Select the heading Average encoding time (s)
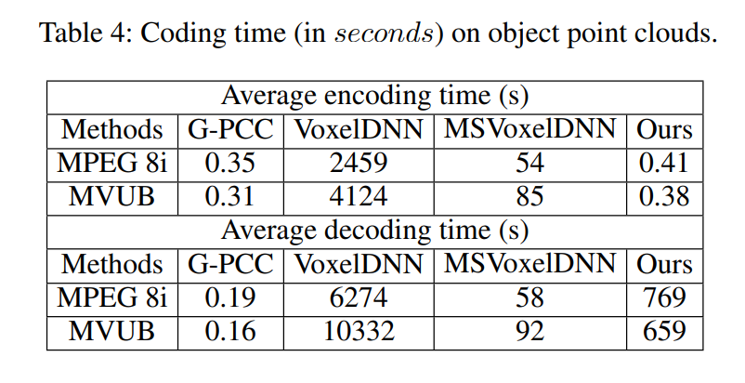click(x=374, y=97)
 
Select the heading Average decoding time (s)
click(x=374, y=231)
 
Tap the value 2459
click(x=358, y=164)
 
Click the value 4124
click(x=358, y=197)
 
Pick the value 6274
click(x=358, y=297)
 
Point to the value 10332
click(x=358, y=331)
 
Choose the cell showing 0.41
click(x=663, y=164)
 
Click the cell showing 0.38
click(x=663, y=197)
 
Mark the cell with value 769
click(x=663, y=297)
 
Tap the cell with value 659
click(x=663, y=331)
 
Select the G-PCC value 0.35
click(x=230, y=164)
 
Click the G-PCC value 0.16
click(x=230, y=331)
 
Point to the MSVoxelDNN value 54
click(x=529, y=164)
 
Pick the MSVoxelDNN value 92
click(x=529, y=331)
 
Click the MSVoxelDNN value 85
click(x=529, y=197)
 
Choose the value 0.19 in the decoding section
click(x=230, y=297)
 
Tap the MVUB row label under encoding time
click(x=112, y=197)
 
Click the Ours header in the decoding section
click(x=663, y=264)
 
